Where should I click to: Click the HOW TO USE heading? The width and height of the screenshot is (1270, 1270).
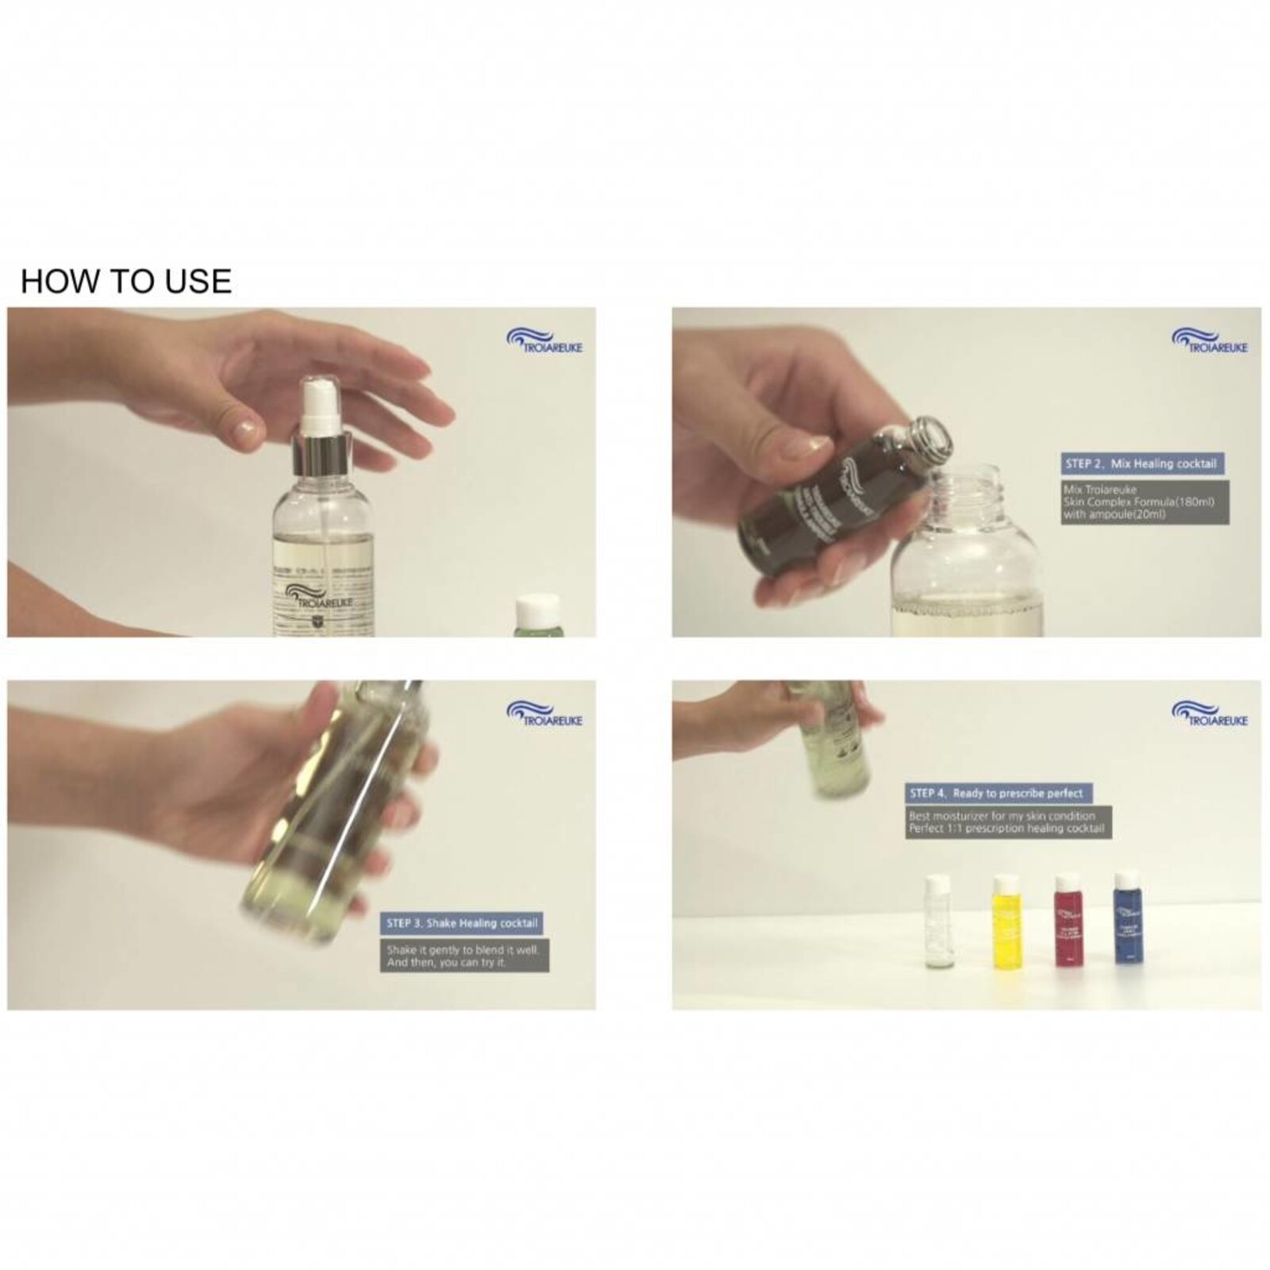point(125,282)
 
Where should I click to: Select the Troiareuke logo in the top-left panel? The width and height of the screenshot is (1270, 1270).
point(545,341)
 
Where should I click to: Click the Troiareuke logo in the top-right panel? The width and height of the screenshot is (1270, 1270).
point(1210,341)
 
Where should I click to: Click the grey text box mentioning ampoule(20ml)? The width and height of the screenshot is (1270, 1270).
point(1145,502)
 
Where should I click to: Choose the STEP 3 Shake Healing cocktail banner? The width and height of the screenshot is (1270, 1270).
point(462,923)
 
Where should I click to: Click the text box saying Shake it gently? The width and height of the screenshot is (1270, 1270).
point(464,956)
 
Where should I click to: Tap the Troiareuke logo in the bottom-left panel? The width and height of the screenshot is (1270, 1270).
point(545,714)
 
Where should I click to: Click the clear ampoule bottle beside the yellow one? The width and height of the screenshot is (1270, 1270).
point(939,925)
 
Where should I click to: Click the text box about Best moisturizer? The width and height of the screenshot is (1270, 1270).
point(1008,822)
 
